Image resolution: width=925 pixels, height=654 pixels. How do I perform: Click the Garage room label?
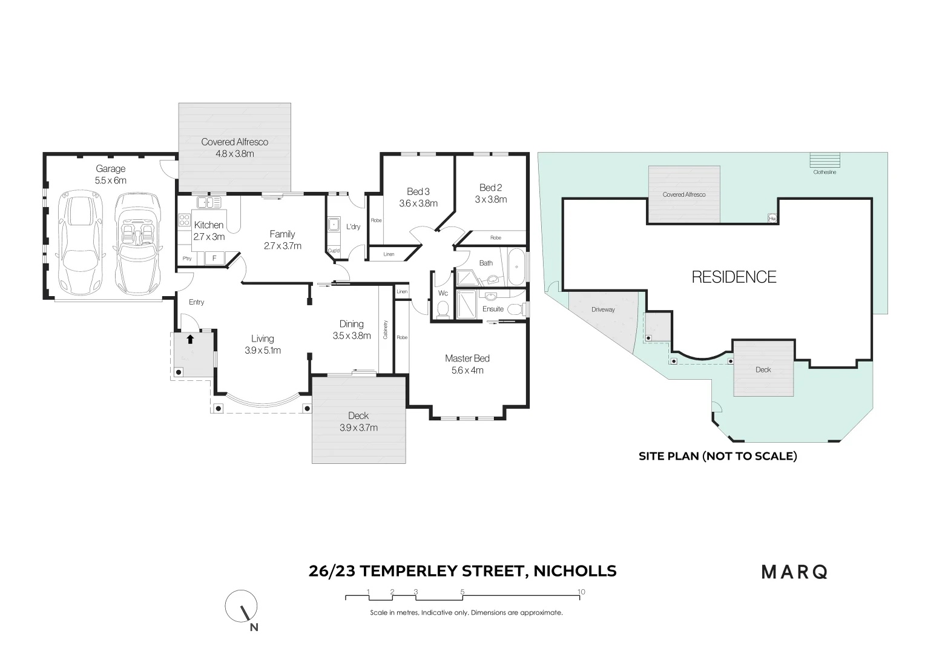(x=110, y=169)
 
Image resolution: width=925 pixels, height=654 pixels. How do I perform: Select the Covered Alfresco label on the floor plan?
(x=234, y=142)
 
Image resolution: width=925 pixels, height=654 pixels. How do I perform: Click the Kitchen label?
(x=209, y=225)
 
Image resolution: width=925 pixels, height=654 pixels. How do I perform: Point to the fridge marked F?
(x=214, y=259)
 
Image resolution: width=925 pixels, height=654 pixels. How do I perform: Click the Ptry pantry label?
(x=187, y=259)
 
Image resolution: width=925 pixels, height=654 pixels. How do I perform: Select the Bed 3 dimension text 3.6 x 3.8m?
(x=418, y=203)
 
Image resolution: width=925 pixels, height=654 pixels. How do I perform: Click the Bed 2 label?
(x=490, y=188)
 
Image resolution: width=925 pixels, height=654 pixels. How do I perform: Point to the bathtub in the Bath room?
(x=516, y=267)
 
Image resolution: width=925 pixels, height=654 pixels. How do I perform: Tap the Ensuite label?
(x=493, y=309)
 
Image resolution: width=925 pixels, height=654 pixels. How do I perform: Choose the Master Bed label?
(x=467, y=358)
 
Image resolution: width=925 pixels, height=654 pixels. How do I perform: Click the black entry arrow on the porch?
(x=191, y=339)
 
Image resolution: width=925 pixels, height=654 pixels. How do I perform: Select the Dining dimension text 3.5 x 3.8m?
(x=352, y=335)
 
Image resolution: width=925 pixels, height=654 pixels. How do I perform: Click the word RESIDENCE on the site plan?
(x=734, y=277)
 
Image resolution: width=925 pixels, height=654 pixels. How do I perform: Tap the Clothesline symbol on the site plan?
(x=825, y=160)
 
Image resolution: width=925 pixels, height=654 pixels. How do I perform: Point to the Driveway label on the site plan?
(x=603, y=309)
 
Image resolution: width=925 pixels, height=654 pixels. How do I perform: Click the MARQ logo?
(x=794, y=572)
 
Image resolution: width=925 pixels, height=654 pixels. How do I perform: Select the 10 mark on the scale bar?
(x=581, y=592)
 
